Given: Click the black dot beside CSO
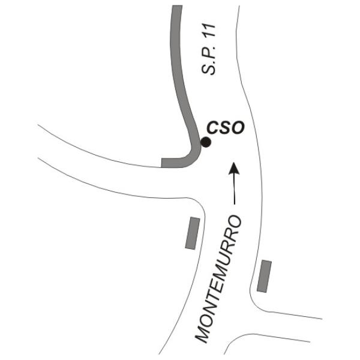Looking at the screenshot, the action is coord(206,143).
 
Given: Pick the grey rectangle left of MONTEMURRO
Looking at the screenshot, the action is coord(193,233).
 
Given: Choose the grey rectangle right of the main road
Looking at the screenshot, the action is coord(263,276).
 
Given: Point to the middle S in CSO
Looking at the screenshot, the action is coord(224,128).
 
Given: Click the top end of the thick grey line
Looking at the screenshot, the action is coord(176,8).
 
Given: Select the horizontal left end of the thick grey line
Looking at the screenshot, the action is coord(164,162).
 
